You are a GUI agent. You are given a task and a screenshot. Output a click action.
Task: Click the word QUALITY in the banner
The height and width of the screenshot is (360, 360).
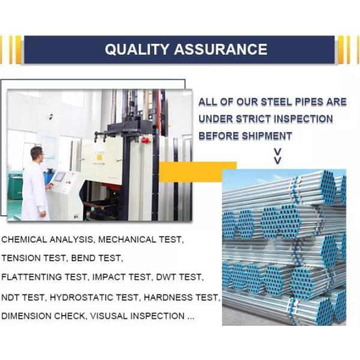tap(137, 49)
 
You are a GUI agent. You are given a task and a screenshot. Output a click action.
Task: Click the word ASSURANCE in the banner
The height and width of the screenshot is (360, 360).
tap(221, 49)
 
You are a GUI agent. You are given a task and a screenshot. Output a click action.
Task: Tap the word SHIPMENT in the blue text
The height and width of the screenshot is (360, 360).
tap(266, 136)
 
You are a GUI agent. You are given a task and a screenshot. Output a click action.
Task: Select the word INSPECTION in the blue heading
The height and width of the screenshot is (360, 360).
tap(303, 119)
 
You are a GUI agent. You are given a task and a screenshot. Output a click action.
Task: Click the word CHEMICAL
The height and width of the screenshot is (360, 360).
tap(24, 239)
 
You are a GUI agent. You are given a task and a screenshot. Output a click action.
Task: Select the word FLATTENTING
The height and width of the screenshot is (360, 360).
tap(31, 277)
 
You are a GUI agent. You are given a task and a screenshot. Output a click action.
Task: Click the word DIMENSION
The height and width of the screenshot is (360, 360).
tap(26, 316)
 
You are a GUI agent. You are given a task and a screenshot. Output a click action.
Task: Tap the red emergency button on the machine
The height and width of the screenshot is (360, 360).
tap(145, 140)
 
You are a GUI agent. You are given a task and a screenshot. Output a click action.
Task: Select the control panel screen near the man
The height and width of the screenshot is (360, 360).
tap(59, 177)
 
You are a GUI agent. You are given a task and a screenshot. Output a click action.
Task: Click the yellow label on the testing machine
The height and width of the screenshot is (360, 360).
tap(100, 158)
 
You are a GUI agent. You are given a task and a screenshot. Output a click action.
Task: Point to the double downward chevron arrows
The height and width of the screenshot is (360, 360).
tap(278, 156)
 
